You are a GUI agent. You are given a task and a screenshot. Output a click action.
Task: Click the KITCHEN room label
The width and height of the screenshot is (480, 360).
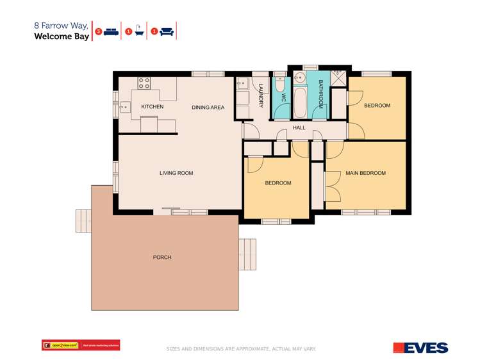tap(152, 106)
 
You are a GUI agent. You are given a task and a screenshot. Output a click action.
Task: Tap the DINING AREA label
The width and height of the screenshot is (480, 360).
tap(208, 107)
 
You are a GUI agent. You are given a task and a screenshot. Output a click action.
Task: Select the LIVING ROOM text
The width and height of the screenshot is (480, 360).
tap(176, 173)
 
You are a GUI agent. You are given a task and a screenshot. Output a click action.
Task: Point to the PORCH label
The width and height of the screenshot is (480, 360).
tap(162, 258)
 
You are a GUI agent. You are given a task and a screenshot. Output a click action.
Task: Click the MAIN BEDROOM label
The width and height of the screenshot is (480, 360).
tap(365, 173)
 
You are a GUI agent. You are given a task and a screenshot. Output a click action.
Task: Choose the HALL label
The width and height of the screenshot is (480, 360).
tap(299, 128)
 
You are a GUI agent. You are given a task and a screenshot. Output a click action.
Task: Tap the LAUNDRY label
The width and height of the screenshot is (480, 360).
tap(261, 96)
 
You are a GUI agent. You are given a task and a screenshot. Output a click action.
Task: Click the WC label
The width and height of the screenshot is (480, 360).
tap(283, 101)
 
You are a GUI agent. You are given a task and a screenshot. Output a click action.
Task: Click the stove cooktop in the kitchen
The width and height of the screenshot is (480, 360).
tap(144, 83)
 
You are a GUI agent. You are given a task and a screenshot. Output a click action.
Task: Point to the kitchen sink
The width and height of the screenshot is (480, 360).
tap(124, 107)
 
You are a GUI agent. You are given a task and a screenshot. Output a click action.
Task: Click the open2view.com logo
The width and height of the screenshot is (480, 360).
tap(81, 345)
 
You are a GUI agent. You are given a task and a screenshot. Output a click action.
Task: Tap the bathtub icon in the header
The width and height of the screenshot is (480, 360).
tap(138, 31)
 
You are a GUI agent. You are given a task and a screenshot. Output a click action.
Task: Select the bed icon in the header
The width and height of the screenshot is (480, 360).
tap(111, 31)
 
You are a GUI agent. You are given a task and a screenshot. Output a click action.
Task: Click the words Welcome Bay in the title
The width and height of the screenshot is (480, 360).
tap(60, 37)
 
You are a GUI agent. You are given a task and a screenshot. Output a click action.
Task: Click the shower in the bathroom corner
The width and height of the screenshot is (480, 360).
tap(339, 80)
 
